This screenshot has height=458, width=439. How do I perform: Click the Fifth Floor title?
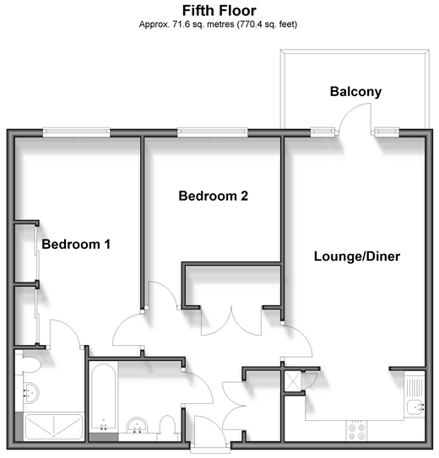click(219, 11)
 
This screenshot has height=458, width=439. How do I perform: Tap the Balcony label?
click(355, 92)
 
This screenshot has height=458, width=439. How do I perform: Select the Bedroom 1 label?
click(76, 245)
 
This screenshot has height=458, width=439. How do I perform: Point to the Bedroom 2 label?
click(213, 196)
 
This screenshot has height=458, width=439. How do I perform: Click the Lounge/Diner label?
click(357, 256)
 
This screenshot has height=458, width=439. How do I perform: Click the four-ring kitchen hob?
click(357, 432)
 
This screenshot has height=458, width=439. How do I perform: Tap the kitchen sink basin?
click(415, 407)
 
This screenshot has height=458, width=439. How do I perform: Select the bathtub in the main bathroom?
click(103, 397)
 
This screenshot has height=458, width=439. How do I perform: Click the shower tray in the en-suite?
click(54, 427)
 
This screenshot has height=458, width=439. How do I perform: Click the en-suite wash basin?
click(30, 393)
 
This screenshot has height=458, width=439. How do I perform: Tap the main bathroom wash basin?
click(138, 425)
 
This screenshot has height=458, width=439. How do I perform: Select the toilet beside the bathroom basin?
click(168, 428)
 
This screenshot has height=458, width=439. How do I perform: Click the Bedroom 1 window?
click(77, 132)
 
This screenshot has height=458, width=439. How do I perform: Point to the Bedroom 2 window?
click(213, 132)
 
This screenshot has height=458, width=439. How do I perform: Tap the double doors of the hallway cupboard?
click(231, 321)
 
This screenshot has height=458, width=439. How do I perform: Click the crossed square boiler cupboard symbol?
click(293, 380)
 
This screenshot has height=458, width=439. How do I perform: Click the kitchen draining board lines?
click(415, 387)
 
